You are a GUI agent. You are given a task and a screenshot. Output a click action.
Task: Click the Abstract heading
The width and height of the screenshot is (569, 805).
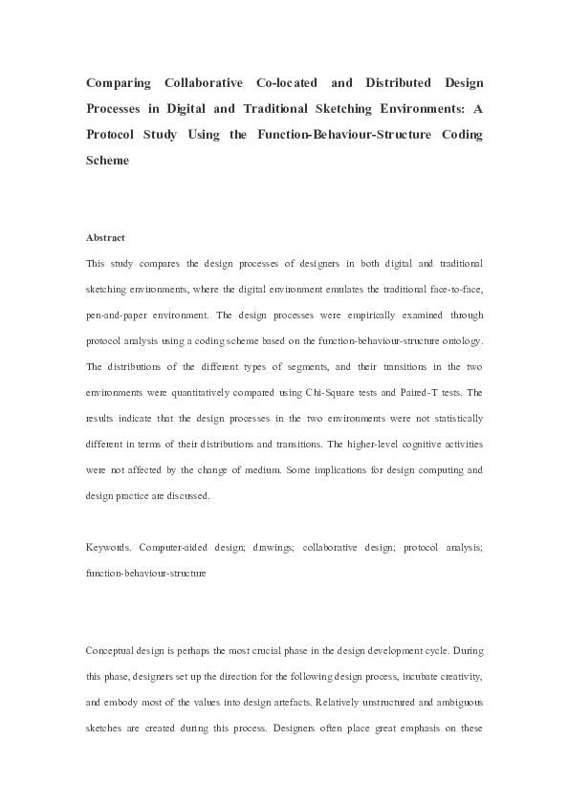(105, 237)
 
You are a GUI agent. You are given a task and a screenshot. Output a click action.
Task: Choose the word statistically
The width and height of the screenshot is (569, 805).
(455, 417)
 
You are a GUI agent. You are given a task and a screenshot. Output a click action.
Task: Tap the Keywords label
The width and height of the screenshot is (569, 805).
(109, 548)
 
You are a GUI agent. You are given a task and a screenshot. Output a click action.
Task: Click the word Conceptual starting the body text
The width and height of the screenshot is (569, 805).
(113, 651)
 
